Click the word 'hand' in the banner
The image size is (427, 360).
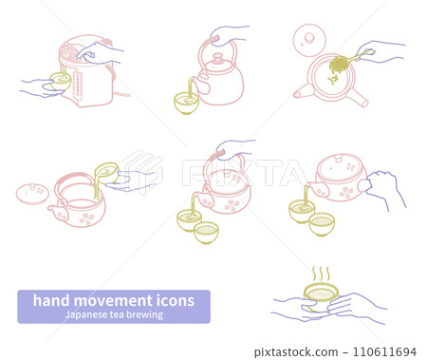51,300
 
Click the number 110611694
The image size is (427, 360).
384,351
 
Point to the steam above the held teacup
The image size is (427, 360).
321,275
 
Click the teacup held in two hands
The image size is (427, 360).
321,297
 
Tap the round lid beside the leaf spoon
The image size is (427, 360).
309,40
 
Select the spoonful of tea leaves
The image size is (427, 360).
339,65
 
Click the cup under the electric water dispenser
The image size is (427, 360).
61,82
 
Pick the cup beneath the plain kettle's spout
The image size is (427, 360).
187,103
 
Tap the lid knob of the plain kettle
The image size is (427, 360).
218,59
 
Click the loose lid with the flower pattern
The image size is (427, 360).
32,193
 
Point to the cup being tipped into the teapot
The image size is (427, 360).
107,173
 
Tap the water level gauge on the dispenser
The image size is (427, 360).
78,85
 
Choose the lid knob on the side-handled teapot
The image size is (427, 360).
339,159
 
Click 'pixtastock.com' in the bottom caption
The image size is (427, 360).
296,351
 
